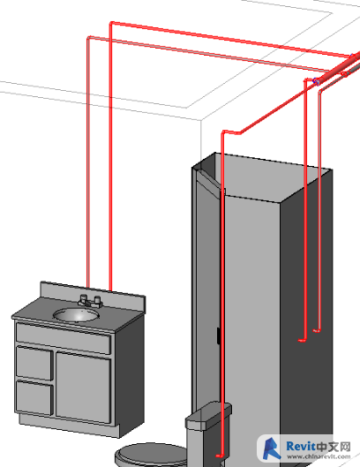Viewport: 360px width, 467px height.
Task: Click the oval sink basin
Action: pyautogui.click(x=76, y=315)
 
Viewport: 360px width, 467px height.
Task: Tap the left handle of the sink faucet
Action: pyautogui.click(x=83, y=298)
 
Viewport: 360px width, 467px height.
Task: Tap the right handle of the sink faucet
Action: pyautogui.click(x=97, y=300)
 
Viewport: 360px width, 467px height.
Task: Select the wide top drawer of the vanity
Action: pyautogui.click(x=64, y=338)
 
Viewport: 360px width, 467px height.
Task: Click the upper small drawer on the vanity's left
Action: pyautogui.click(x=34, y=363)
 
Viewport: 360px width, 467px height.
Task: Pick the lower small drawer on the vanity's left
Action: pyautogui.click(x=34, y=397)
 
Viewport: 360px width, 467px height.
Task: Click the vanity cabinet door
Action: pyautogui.click(x=83, y=388)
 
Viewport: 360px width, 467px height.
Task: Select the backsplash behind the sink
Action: pyautogui.click(x=93, y=293)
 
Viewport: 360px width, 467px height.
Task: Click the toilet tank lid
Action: pyautogui.click(x=208, y=415)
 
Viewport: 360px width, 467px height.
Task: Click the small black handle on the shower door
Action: pyautogui.click(x=218, y=336)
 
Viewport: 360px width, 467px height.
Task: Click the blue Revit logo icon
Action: pyautogui.click(x=271, y=448)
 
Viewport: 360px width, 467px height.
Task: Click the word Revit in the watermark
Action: pyautogui.click(x=300, y=447)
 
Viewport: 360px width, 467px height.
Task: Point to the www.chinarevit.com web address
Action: pyautogui.click(x=319, y=456)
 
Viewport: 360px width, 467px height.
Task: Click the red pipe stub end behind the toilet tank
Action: pyautogui.click(x=219, y=456)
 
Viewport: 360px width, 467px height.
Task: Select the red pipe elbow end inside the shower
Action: pyautogui.click(x=302, y=340)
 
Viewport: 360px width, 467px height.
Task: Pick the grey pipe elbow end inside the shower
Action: pyautogui.click(x=316, y=330)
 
